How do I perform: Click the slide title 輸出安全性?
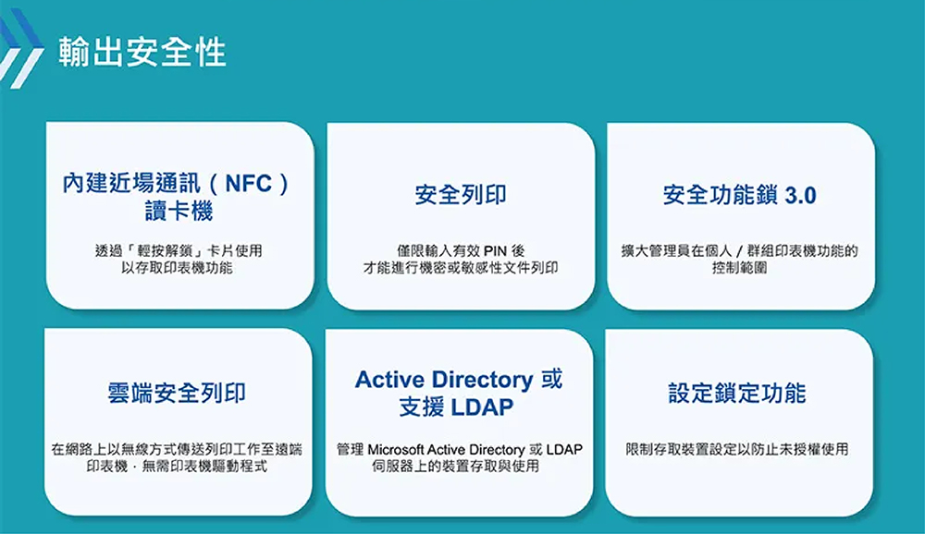pos(142,52)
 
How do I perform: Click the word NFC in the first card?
pos(248,183)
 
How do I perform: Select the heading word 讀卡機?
pos(179,211)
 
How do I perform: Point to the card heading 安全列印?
pos(460,195)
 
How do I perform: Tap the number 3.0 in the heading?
pos(800,195)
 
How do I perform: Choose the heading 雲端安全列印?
pos(177,393)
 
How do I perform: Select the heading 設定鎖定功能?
pos(737,393)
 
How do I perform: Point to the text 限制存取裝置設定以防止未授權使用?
pos(737,449)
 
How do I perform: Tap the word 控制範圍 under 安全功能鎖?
pos(739,268)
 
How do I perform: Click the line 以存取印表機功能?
pos(177,268)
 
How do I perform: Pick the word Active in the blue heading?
pos(391,380)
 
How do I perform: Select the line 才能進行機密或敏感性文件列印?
pos(460,268)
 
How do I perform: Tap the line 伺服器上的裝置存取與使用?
pos(455,467)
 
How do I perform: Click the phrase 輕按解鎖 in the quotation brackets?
pos(166,251)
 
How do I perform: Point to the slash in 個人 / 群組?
pos(739,251)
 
